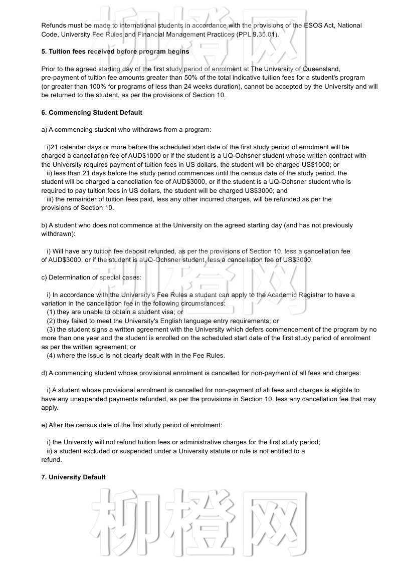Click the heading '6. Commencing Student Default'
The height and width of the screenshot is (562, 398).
92,113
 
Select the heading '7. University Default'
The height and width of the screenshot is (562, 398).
73,477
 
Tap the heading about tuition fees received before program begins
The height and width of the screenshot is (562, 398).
115,52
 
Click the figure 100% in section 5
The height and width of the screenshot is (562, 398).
98,87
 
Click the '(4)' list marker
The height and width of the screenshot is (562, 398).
51,356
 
